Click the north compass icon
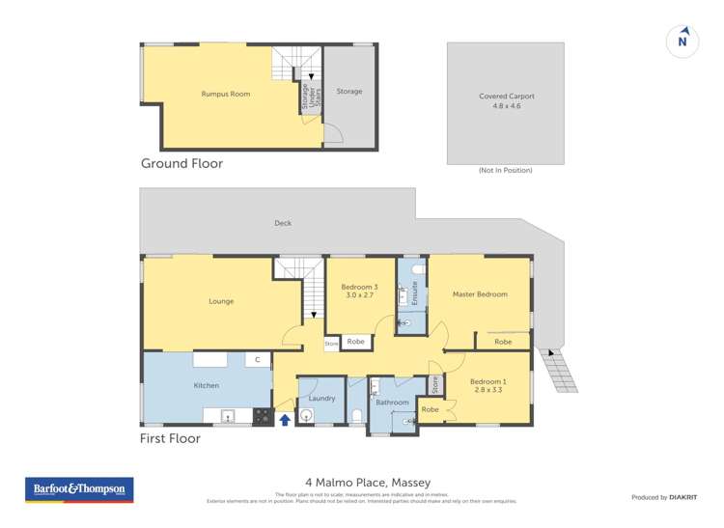click(x=682, y=42)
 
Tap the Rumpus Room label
click(x=219, y=94)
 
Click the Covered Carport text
click(x=506, y=97)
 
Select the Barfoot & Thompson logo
click(x=79, y=489)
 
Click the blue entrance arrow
click(x=285, y=419)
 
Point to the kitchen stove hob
click(x=262, y=417)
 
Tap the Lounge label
click(x=221, y=301)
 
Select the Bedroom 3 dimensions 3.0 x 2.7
click(x=359, y=296)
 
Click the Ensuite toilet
click(x=416, y=269)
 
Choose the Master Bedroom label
click(x=480, y=294)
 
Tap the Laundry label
click(x=321, y=398)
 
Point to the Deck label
click(x=282, y=223)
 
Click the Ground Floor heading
click(x=181, y=164)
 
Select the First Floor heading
click(x=171, y=438)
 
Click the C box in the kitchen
click(x=257, y=360)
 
